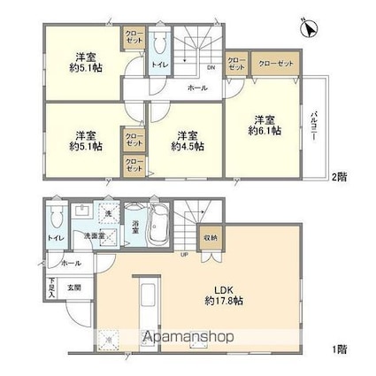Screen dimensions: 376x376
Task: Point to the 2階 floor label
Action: tap(341, 176)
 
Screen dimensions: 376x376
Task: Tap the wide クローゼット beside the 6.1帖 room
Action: tap(274, 64)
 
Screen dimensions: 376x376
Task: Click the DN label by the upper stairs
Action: tap(210, 67)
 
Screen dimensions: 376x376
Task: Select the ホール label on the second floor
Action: tap(198, 88)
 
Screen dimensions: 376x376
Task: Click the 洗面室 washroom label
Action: tap(93, 237)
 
